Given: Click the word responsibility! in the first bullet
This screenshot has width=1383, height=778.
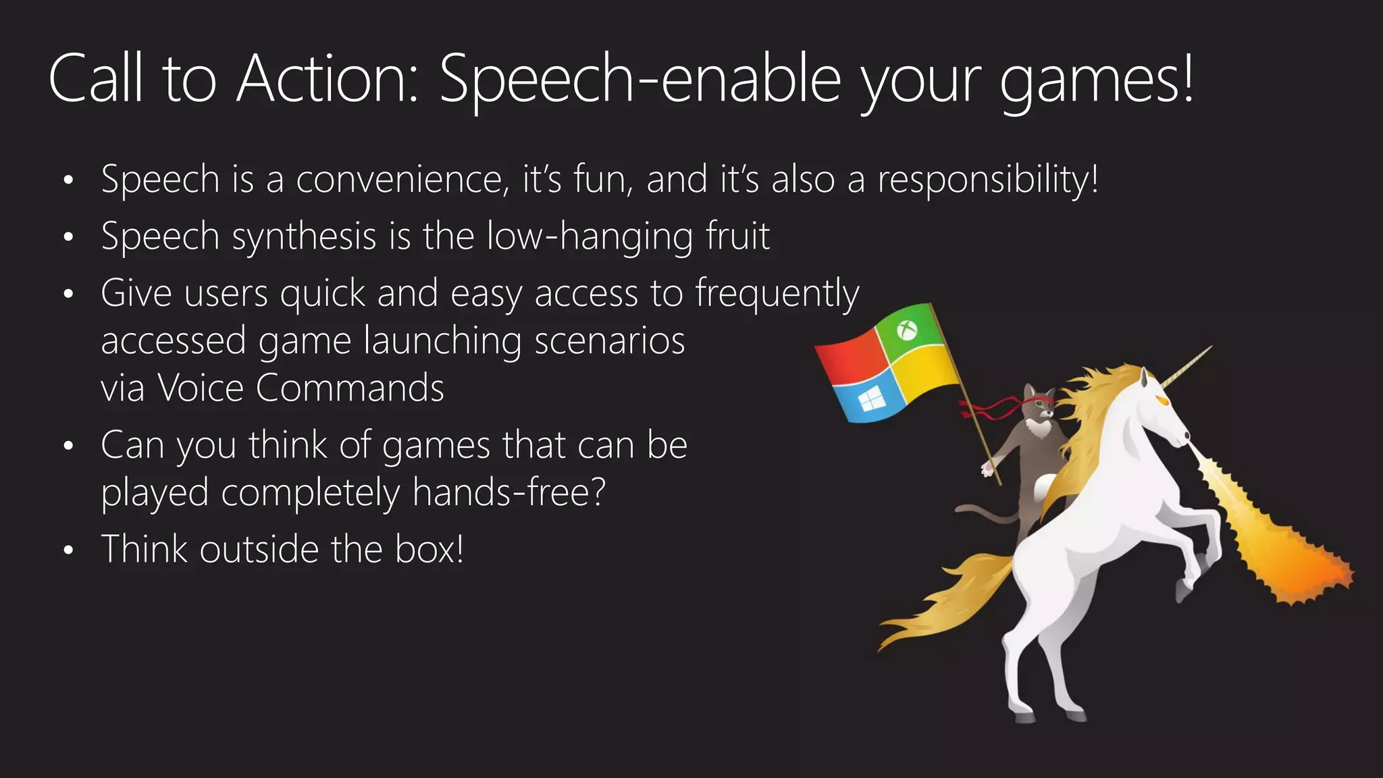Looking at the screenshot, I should click(988, 180).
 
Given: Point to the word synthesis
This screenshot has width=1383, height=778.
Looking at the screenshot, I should click(304, 237).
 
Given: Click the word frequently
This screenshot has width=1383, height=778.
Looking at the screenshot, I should click(777, 294).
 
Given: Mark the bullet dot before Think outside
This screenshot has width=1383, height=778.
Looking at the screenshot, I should click(68, 551).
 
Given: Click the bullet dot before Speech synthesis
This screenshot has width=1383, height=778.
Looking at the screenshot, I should click(68, 238).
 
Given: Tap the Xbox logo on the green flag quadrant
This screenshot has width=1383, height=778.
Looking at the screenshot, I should click(907, 331).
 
